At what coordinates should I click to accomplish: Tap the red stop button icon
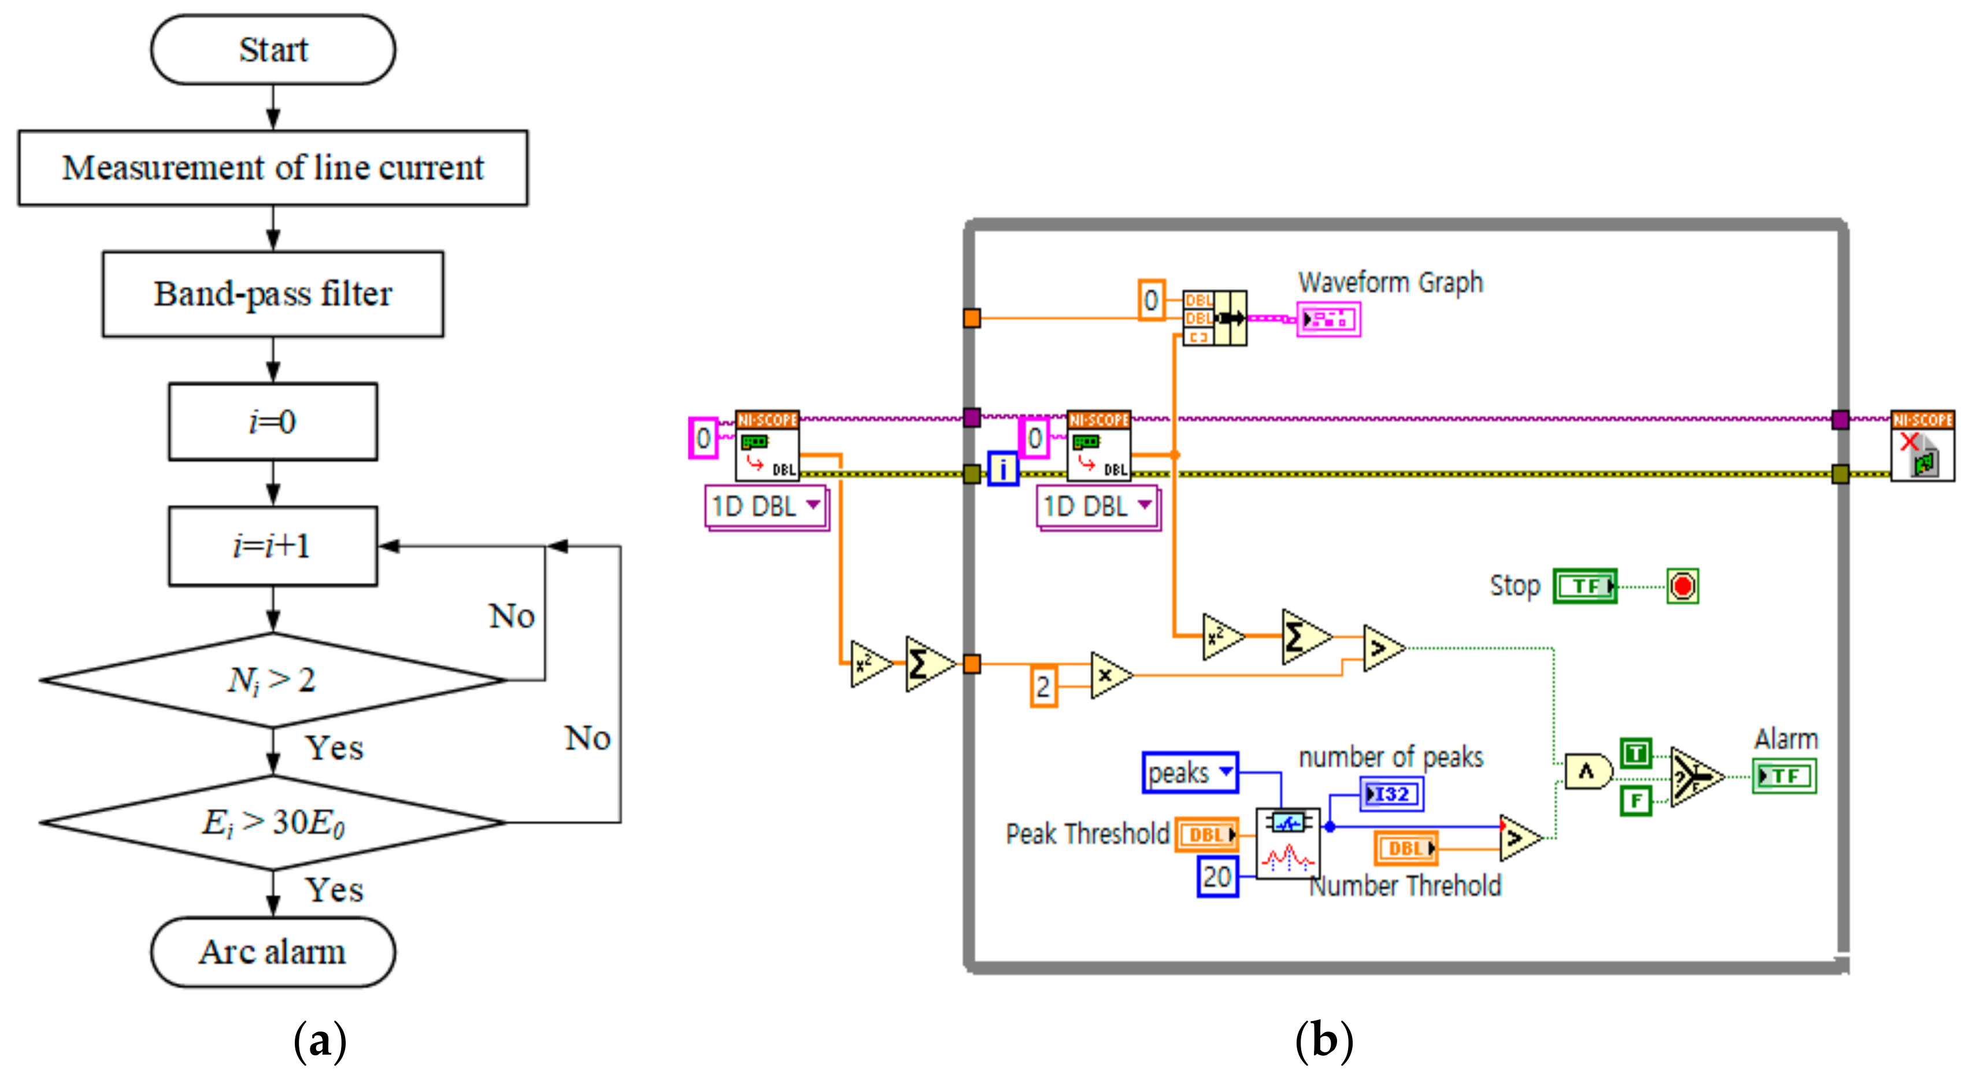click(x=1682, y=586)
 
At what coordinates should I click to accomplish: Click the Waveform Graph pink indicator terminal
click(x=1328, y=319)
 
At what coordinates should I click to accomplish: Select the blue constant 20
click(x=1217, y=877)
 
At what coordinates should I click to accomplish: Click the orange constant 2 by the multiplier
click(x=1043, y=686)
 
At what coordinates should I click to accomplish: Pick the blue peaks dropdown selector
click(x=1190, y=772)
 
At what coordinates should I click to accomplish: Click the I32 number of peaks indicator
click(x=1391, y=794)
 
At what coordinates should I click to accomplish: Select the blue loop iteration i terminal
click(x=1002, y=469)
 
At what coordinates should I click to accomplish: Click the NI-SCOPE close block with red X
click(x=1922, y=447)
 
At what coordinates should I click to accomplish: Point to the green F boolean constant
click(x=1635, y=801)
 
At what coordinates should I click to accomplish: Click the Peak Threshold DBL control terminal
click(x=1206, y=834)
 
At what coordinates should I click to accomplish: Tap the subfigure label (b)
click(x=1323, y=1041)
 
